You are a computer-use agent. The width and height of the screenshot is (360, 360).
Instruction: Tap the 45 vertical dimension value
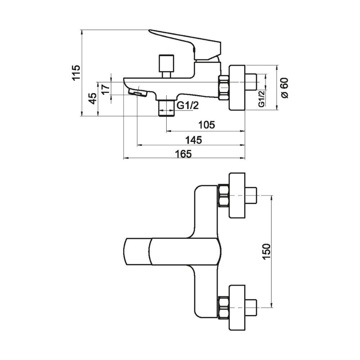[92, 98]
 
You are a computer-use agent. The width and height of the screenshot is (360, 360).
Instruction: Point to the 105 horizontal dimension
[207, 125]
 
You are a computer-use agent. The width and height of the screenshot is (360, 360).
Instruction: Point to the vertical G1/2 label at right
[262, 98]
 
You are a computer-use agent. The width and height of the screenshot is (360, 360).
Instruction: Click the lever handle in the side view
[187, 42]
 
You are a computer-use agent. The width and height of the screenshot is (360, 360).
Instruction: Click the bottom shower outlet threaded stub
[166, 108]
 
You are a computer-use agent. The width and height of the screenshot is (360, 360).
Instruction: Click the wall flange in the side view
[238, 87]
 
